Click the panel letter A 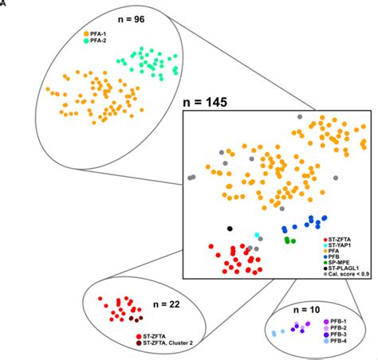(3, 3)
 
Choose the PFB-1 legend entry (341, 320)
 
